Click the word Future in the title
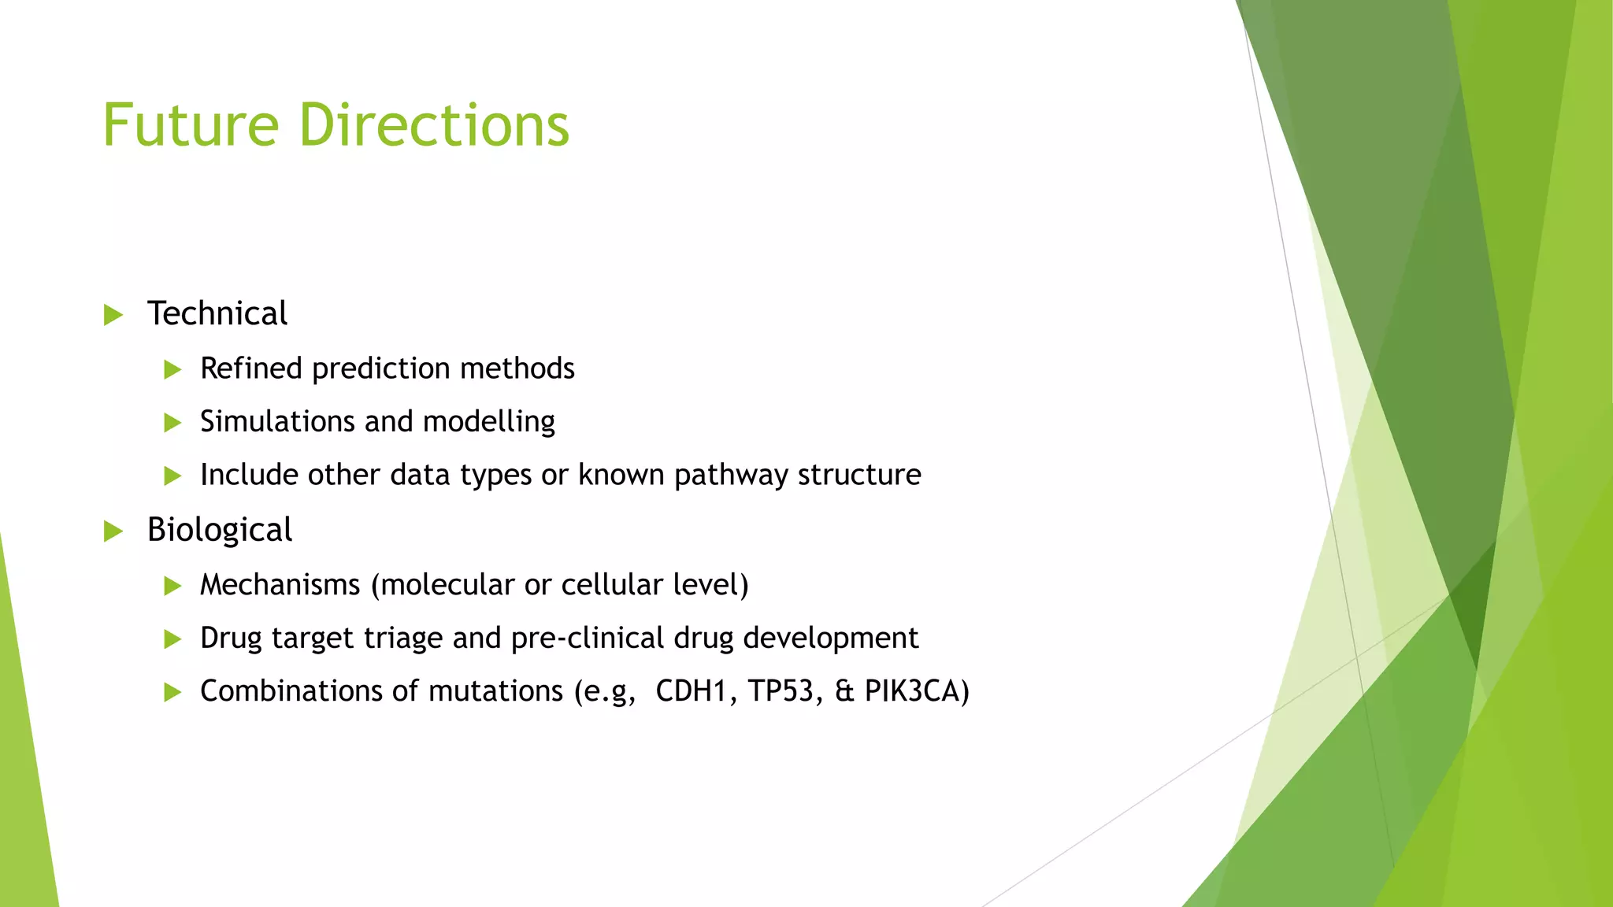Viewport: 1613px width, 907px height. pos(191,125)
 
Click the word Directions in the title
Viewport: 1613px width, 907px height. pos(434,125)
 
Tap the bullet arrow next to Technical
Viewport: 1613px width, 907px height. pos(113,315)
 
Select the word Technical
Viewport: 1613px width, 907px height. pos(217,313)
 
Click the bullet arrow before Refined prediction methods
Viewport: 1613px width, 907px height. pos(172,369)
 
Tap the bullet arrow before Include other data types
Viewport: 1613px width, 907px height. pos(172,476)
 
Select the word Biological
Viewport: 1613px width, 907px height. pos(219,530)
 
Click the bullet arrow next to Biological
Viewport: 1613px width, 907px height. pos(113,531)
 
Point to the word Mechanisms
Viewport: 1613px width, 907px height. pos(280,584)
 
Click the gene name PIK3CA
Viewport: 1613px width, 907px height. pos(912,690)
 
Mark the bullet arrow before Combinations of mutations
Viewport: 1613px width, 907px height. pos(172,692)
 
